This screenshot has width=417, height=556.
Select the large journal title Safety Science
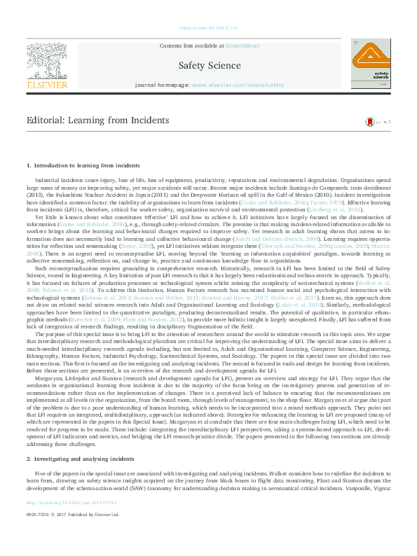tap(210, 66)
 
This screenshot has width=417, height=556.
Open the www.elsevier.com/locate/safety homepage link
tap(238, 85)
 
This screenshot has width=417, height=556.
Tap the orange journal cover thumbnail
tap(372, 64)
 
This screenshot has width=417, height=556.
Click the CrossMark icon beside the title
tap(369, 122)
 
